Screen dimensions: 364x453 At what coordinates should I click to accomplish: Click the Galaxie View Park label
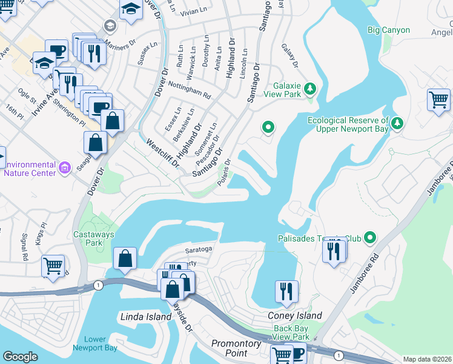point(279,90)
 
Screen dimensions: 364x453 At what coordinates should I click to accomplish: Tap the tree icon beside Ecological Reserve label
point(397,123)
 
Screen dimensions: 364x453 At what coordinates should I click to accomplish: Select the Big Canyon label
point(388,30)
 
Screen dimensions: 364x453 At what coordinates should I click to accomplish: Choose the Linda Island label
point(144,317)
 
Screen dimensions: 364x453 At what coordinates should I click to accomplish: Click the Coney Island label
point(295,315)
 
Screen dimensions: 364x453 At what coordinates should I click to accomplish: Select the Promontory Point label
point(236,348)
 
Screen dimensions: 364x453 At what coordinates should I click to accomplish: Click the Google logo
point(20,357)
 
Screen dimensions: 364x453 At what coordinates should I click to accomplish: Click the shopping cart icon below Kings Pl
point(53,265)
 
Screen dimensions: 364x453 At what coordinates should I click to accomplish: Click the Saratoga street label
point(199,249)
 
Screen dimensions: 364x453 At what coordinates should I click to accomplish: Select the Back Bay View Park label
point(291,332)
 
